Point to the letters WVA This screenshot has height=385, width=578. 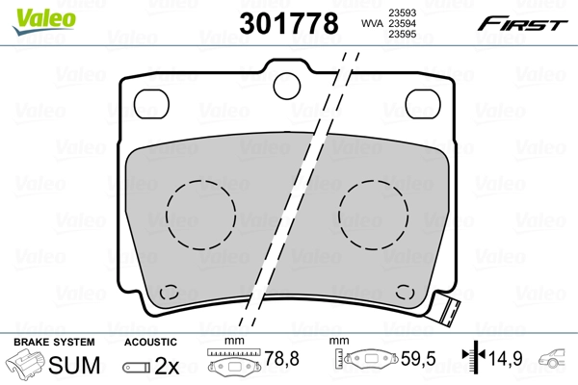coord(371,23)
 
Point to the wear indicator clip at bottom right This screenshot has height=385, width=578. coord(445,310)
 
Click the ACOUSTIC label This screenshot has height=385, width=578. coord(151,342)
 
